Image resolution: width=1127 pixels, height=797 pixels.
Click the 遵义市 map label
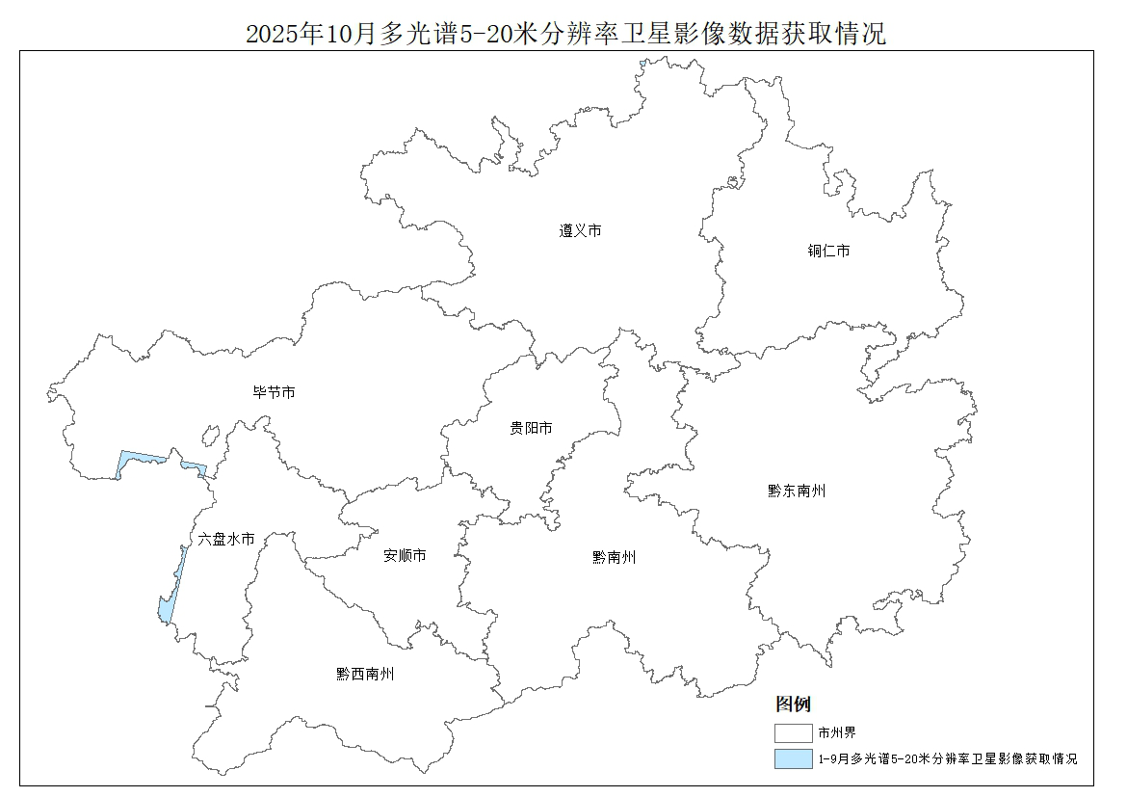coord(580,231)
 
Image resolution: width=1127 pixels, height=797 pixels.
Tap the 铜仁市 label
coord(828,252)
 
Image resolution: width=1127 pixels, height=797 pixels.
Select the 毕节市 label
coord(274,393)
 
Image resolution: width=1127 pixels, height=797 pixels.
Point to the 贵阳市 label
coord(531,429)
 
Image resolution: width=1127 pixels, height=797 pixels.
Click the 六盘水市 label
coord(226,540)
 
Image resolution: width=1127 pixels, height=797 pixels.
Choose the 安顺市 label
coord(405,556)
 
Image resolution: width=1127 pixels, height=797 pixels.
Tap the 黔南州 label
coord(614,558)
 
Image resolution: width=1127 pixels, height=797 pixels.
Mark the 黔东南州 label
coord(797,491)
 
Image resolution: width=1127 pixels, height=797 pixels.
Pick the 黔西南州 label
coord(365,675)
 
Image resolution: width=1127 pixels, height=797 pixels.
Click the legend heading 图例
coord(793,704)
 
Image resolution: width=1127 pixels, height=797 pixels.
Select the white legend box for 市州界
coord(793,733)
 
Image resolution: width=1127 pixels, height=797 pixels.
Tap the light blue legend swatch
coord(793,759)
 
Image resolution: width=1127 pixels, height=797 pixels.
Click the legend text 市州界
coord(837,733)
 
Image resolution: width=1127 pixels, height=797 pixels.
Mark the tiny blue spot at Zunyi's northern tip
coord(642,64)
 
